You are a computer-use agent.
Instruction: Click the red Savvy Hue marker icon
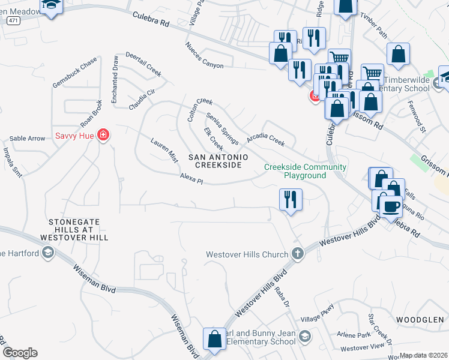click(104, 134)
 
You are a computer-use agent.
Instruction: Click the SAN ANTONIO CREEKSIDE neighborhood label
click(218, 161)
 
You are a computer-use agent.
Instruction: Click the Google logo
click(20, 353)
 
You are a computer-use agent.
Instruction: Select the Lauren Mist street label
click(164, 150)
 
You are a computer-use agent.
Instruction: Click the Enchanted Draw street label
click(115, 79)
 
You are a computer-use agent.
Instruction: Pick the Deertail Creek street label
click(143, 64)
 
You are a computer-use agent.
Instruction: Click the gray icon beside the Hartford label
click(48, 253)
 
